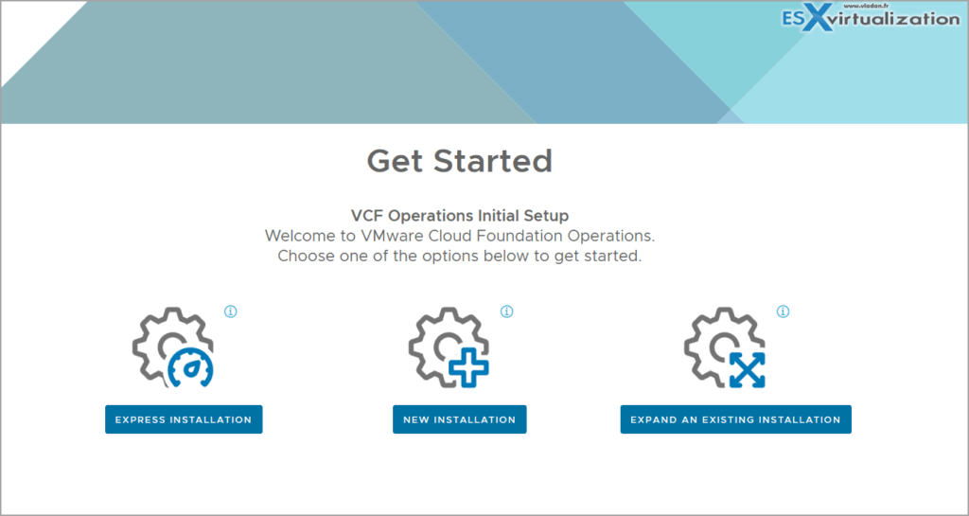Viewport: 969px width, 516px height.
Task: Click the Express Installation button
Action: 183,419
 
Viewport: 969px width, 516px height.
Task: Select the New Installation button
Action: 459,419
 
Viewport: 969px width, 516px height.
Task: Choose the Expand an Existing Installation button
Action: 735,419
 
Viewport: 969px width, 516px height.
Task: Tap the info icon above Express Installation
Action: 230,311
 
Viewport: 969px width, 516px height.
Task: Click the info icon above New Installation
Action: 506,311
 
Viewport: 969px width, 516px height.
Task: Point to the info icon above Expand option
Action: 783,311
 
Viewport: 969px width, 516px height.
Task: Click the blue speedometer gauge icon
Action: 191,366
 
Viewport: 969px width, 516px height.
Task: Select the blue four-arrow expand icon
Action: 747,368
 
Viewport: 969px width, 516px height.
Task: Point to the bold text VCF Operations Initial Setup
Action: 459,216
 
